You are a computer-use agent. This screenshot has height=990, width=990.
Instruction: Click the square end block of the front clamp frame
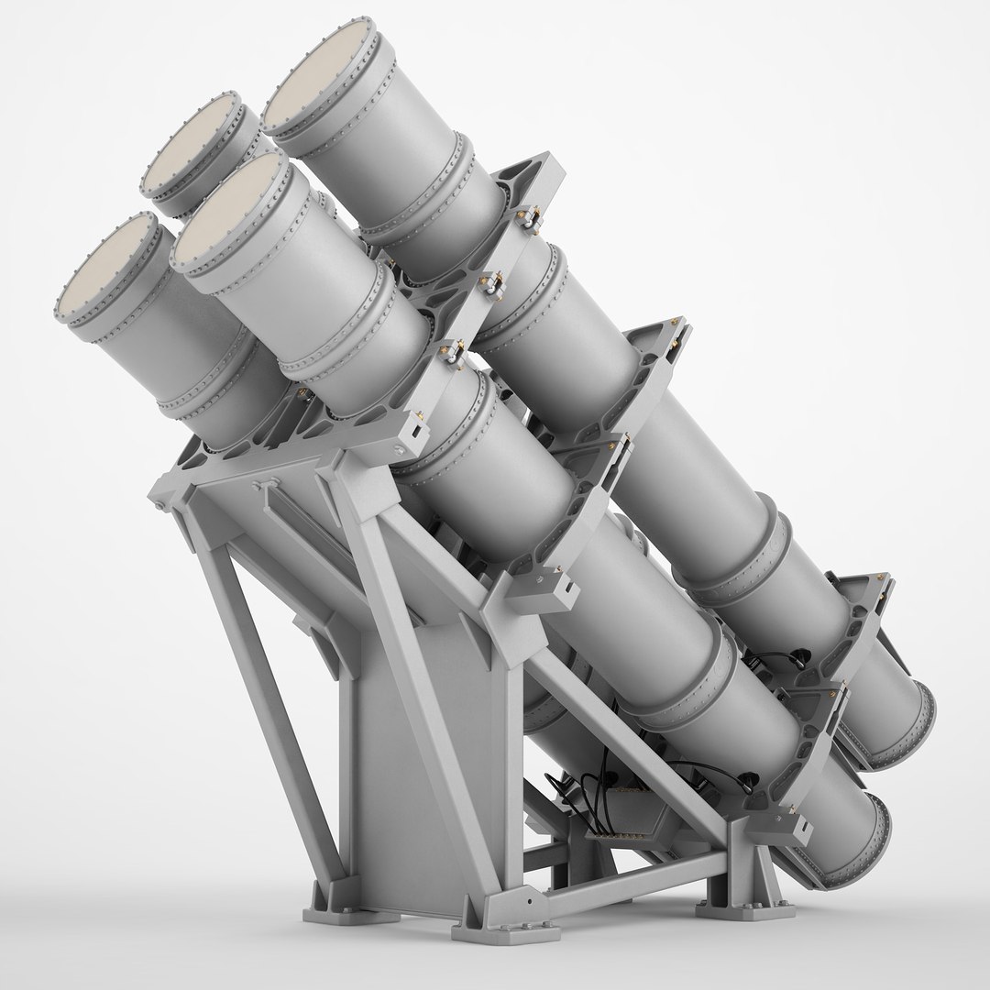[x=417, y=427]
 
